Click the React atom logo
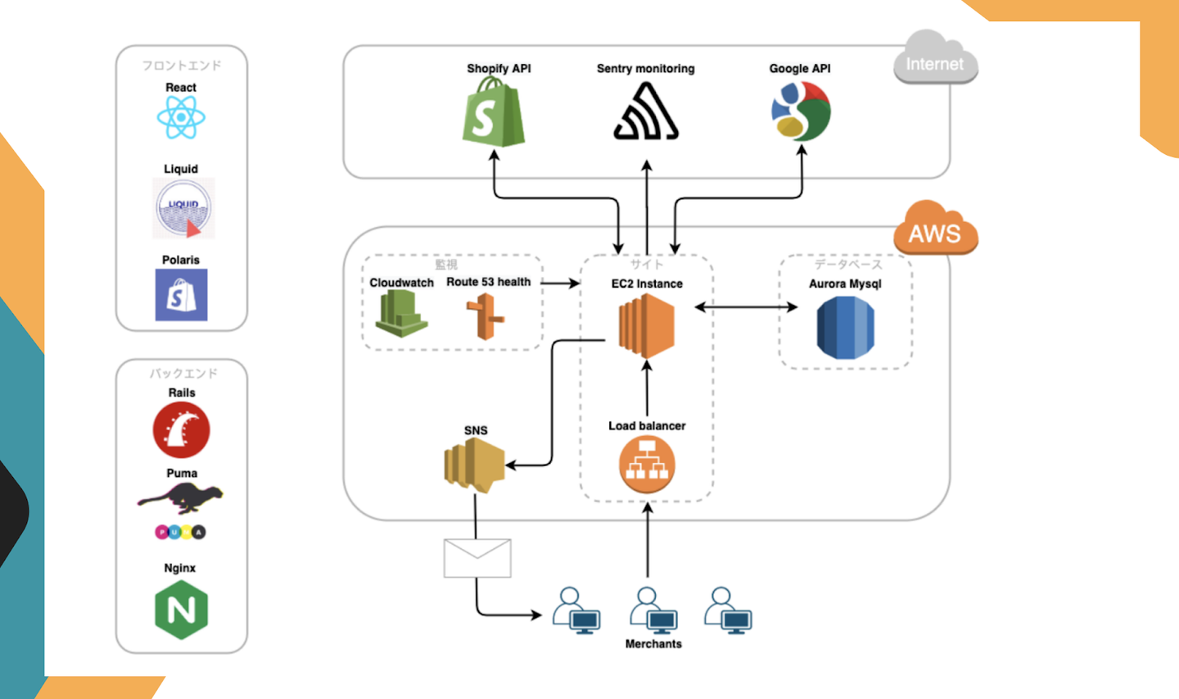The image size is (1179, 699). click(x=181, y=118)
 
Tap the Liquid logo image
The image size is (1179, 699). click(x=184, y=208)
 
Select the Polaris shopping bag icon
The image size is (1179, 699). click(x=181, y=295)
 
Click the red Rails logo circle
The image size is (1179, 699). click(x=181, y=430)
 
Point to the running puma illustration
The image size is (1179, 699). click(x=181, y=497)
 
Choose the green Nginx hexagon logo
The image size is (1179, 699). click(x=181, y=610)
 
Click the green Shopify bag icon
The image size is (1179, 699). click(x=494, y=113)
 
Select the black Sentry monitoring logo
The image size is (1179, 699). click(x=646, y=112)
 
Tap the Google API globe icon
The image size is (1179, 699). click(x=801, y=111)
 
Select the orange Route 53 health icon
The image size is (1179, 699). click(x=486, y=317)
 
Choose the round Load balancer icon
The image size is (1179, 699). click(x=647, y=465)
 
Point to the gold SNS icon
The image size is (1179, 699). click(x=474, y=465)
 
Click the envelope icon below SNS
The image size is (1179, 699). click(x=477, y=558)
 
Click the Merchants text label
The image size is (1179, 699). click(x=653, y=644)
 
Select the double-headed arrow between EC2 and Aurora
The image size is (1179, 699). click(x=746, y=307)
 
